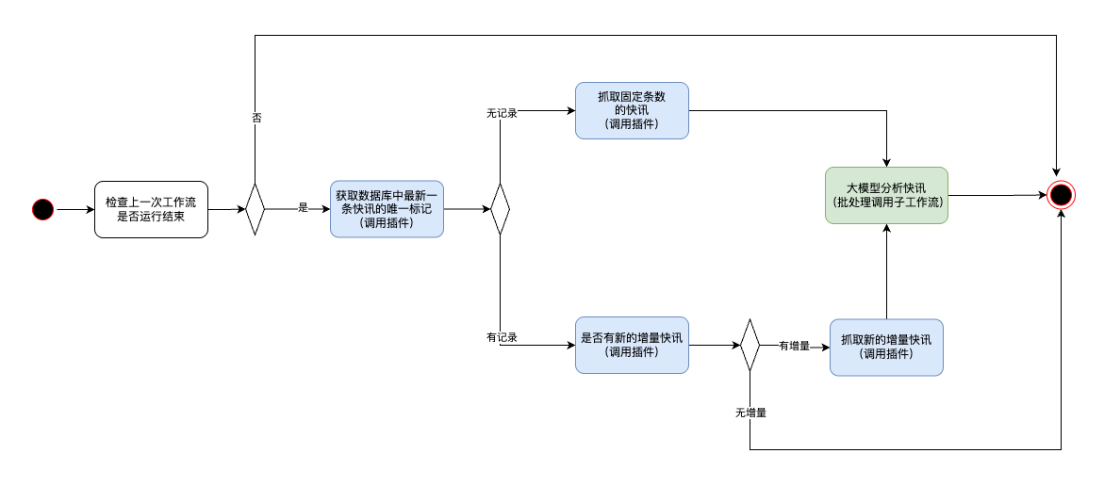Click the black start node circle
pyautogui.click(x=42, y=209)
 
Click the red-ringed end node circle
pyautogui.click(x=1061, y=195)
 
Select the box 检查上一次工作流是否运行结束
pyautogui.click(x=151, y=209)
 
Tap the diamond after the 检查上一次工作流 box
pyautogui.click(x=255, y=209)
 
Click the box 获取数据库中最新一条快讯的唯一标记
pyautogui.click(x=387, y=209)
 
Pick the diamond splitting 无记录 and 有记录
pyautogui.click(x=500, y=209)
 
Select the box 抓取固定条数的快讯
pyautogui.click(x=632, y=110)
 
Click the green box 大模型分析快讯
pyautogui.click(x=886, y=195)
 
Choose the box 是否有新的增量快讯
pyautogui.click(x=632, y=346)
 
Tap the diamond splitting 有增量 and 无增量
pyautogui.click(x=750, y=346)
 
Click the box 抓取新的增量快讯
pyautogui.click(x=886, y=348)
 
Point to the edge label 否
pyautogui.click(x=256, y=118)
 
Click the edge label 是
pyautogui.click(x=304, y=208)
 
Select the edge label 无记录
pyautogui.click(x=502, y=113)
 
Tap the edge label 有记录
pyautogui.click(x=502, y=337)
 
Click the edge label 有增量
pyautogui.click(x=794, y=346)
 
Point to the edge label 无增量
pyautogui.click(x=750, y=413)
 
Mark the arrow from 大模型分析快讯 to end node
pyautogui.click(x=997, y=195)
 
